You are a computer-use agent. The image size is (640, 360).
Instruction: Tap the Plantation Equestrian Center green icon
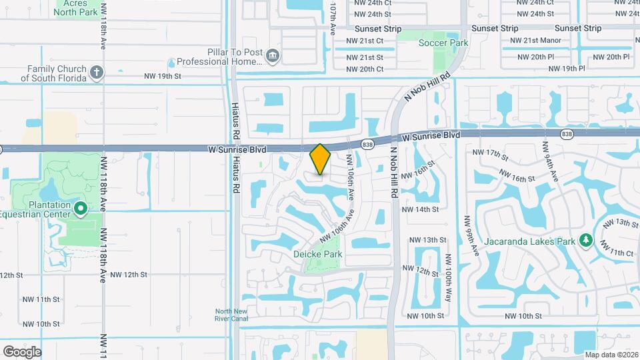[x=81, y=209]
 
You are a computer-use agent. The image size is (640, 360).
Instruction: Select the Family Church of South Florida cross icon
[x=97, y=72]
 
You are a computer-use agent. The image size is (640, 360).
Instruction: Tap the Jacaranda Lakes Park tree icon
[x=586, y=240]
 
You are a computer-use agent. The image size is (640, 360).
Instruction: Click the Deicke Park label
[x=318, y=254]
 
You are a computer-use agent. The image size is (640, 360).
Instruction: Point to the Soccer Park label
[x=443, y=43]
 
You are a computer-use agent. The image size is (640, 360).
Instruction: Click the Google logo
[x=22, y=351]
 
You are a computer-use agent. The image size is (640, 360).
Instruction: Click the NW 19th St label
[x=162, y=76]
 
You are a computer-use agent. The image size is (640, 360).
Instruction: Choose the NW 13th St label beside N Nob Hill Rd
[x=427, y=240]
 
